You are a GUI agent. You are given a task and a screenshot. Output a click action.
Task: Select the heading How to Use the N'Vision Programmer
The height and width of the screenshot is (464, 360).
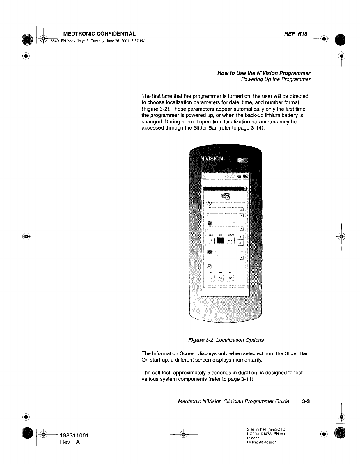[x=264, y=73]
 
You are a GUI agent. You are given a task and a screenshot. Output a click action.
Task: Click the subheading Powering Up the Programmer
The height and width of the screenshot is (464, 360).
[x=276, y=79]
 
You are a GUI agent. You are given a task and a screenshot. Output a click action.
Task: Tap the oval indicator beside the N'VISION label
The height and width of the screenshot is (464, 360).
[x=242, y=160]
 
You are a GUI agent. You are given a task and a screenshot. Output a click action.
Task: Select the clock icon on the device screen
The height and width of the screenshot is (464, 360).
[x=209, y=266]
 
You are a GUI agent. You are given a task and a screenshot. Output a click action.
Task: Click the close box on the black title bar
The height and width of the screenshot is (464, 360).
[x=245, y=189]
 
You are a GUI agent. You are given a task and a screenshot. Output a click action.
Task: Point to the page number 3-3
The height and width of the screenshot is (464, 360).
[x=306, y=401]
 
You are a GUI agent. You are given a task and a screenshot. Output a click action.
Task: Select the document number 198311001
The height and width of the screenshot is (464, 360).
[x=74, y=435]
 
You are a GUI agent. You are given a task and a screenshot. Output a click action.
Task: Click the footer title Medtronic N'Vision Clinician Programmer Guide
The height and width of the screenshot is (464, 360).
[x=233, y=401]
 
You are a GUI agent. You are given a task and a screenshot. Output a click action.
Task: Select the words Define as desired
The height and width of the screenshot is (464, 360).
[x=262, y=442]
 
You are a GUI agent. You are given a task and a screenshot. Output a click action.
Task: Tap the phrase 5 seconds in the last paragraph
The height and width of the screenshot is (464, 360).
[x=221, y=373]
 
